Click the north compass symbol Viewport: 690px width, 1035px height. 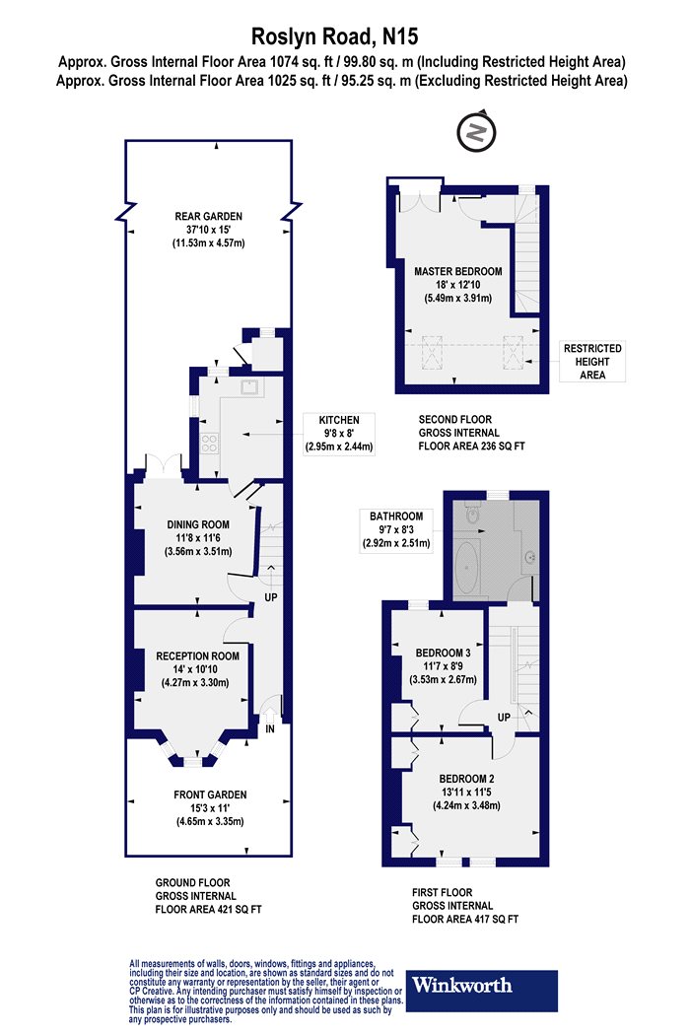(476, 132)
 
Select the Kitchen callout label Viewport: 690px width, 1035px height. (339, 434)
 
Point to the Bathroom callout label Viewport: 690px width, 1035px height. (396, 530)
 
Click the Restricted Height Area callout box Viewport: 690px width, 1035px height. (592, 362)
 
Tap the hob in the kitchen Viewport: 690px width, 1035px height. (210, 443)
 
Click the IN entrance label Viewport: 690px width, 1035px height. (269, 729)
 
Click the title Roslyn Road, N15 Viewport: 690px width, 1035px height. (335, 36)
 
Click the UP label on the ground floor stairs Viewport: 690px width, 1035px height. (271, 597)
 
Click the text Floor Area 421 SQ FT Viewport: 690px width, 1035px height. (209, 910)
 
